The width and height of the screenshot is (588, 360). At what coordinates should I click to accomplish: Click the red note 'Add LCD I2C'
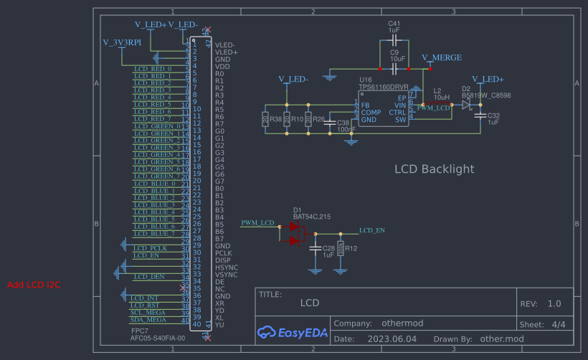tap(34, 285)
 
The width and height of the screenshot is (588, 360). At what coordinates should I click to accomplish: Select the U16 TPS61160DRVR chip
tap(384, 108)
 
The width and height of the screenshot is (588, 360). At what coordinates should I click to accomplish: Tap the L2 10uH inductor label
tap(441, 93)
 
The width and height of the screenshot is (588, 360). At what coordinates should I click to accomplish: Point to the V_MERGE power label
tap(441, 57)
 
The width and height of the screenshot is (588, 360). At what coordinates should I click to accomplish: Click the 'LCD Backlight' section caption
tap(435, 169)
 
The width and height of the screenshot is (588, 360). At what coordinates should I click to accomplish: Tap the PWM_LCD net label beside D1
tap(258, 222)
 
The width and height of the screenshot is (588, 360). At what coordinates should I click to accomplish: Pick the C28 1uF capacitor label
tap(328, 251)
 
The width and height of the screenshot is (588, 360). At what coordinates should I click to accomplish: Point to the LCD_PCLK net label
tap(150, 248)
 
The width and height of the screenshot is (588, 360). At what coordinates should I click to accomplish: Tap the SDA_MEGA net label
tap(148, 320)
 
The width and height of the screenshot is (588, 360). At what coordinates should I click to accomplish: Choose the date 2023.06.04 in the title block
tap(391, 338)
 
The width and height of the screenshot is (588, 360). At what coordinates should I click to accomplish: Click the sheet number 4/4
tap(559, 324)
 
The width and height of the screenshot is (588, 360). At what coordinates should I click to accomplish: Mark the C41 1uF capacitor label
tap(394, 27)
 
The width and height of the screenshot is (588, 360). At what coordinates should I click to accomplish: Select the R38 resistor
tap(266, 119)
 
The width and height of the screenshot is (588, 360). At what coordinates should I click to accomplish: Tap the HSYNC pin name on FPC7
tap(226, 267)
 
